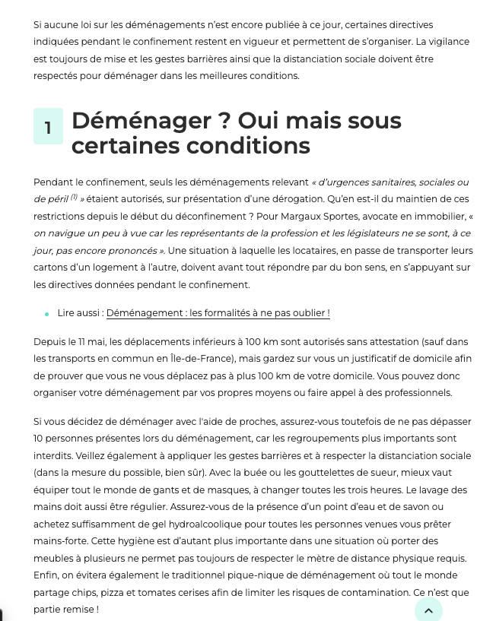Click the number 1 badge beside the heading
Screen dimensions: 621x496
[x=48, y=127]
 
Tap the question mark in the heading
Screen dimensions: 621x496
[x=224, y=121]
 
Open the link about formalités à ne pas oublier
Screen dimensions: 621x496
[x=218, y=313]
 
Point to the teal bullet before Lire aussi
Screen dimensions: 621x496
[x=47, y=314]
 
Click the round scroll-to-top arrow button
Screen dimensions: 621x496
[x=428, y=610]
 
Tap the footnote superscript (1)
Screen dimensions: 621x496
[x=75, y=198]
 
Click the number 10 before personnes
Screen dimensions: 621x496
[x=40, y=439]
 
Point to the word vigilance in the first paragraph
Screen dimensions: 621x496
[x=446, y=42]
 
